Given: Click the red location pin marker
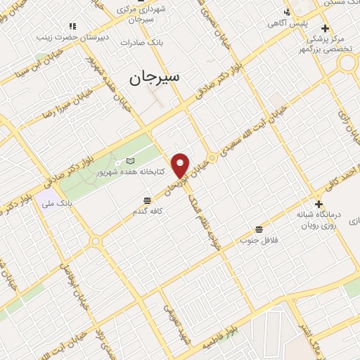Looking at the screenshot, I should tap(181, 165).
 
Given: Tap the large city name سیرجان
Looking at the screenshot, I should tap(155, 77).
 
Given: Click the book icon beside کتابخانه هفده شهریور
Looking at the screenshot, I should tap(129, 161).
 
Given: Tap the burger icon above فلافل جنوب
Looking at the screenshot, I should tap(259, 230).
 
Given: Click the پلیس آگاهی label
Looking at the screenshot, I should tap(283, 23).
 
